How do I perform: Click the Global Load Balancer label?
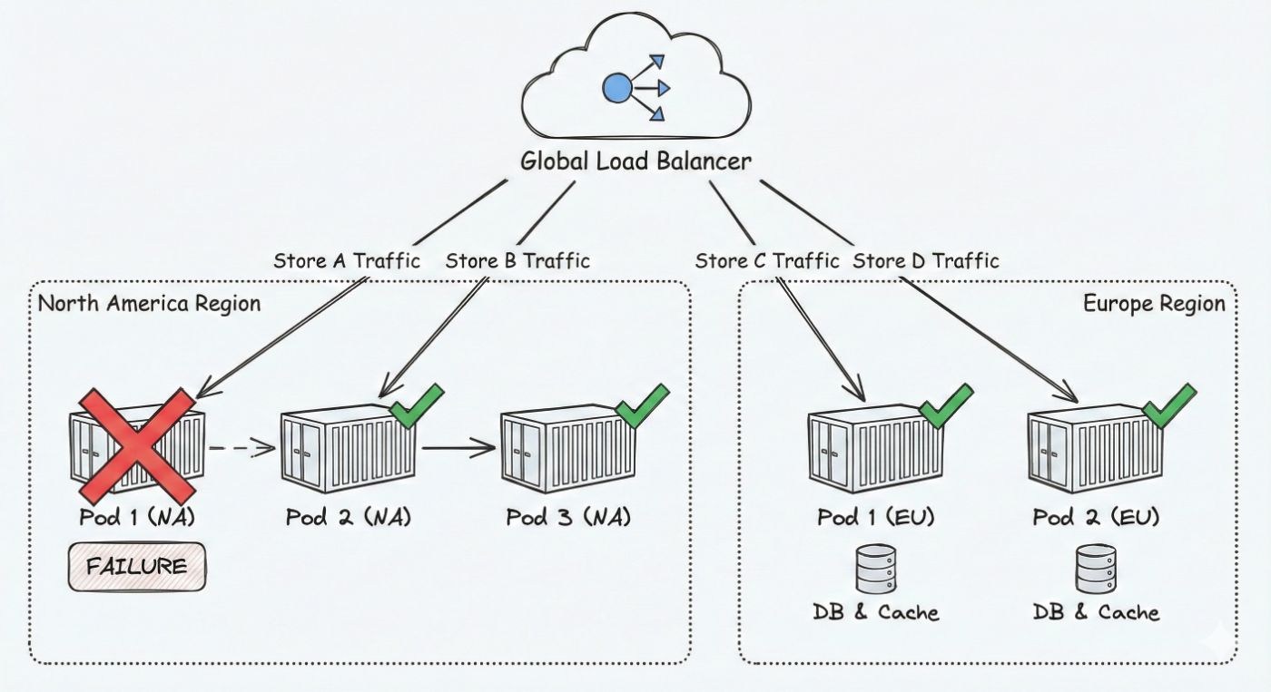pos(635,161)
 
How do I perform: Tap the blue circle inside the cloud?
pos(617,88)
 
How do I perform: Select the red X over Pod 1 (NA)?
pos(136,445)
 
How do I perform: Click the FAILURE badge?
pos(137,568)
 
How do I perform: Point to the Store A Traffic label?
pos(347,261)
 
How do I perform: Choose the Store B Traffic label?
pos(517,261)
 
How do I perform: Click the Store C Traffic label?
pos(767,261)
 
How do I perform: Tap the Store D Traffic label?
pos(926,261)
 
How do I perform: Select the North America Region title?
pos(149,303)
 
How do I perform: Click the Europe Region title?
pos(1154,303)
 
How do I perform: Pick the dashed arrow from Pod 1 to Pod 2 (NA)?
pos(241,447)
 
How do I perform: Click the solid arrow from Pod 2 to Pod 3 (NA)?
pos(458,447)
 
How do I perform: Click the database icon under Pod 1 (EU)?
pos(875,569)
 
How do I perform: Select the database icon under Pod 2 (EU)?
pos(1096,569)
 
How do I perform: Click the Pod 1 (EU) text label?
pos(875,518)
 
